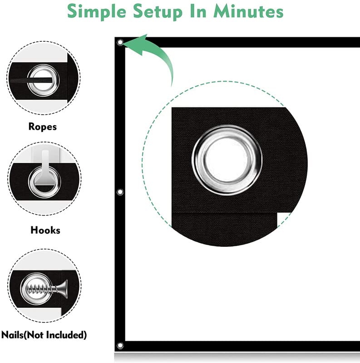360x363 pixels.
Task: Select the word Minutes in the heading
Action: pos(248,11)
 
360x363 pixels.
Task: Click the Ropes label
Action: pos(43,127)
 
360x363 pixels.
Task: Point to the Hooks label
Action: pos(45,230)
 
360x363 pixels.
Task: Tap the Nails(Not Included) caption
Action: pos(44,335)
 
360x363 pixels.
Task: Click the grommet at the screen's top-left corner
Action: pos(120,43)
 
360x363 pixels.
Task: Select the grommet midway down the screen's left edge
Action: pos(120,192)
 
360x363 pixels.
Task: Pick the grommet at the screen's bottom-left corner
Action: pos(120,346)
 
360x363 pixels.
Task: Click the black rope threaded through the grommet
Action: pos(31,80)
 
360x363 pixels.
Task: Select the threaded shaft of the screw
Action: pos(42,289)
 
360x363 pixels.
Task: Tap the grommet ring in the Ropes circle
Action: pos(43,68)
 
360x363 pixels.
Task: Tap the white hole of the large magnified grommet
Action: pos(227,160)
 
